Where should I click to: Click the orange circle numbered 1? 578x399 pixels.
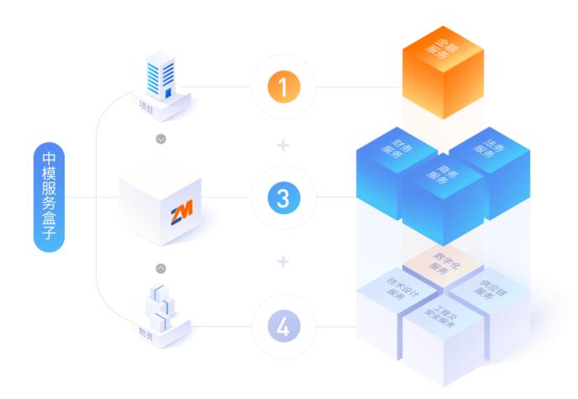pos(283,87)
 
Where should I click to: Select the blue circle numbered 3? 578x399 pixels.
pos(283,198)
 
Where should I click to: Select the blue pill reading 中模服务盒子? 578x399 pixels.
pos(49,198)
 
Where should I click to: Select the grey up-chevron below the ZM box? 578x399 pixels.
pos(161,267)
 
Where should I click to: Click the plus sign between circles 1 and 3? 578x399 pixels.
pos(283,144)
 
